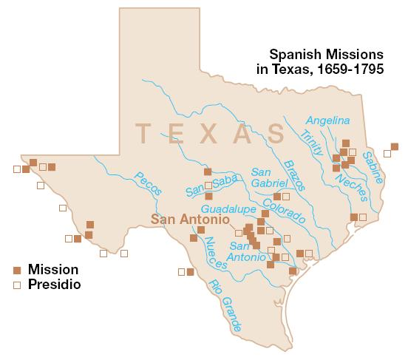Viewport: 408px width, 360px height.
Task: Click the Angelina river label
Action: (328, 120)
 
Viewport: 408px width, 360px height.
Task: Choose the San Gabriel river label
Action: (264, 177)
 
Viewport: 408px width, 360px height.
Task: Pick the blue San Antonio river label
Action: (248, 251)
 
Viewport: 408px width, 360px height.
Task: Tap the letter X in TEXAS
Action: (208, 134)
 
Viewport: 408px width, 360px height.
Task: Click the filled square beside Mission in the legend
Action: (17, 270)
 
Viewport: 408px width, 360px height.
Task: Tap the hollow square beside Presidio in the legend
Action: (17, 284)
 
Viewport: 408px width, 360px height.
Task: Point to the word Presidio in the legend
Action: (55, 284)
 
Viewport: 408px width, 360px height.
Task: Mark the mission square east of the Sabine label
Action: (395, 146)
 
